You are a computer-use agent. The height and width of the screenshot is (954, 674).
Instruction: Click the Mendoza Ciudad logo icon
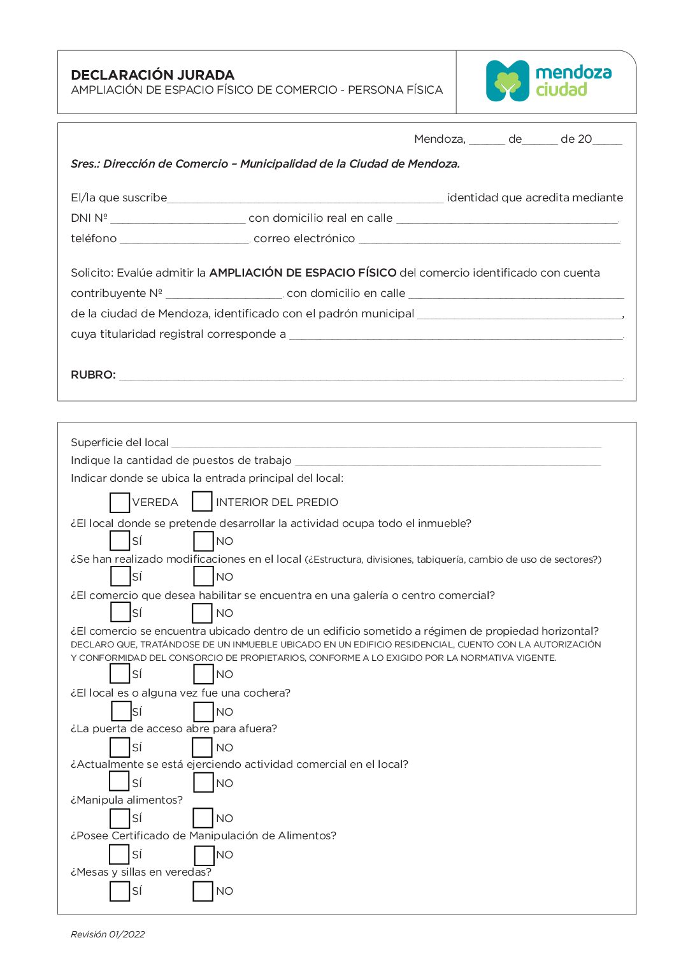[508, 81]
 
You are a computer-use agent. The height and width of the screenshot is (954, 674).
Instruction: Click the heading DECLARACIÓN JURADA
[153, 75]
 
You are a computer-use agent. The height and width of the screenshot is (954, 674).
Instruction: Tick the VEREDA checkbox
[120, 502]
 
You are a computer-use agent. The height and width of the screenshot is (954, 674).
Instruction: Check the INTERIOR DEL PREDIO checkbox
[202, 502]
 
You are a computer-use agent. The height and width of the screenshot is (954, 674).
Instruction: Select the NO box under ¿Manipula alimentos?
[203, 818]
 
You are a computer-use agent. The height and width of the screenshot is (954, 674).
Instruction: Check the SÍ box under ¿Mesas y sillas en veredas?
[120, 891]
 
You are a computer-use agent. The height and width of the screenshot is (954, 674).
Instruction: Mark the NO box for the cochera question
[204, 711]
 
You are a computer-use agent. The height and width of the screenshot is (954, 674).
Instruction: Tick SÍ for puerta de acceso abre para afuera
[120, 747]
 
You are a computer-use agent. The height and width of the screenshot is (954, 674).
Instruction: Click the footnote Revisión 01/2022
[108, 934]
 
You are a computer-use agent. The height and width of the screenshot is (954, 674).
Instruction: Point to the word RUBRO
[93, 375]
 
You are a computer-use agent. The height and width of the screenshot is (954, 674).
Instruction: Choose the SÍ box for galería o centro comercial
[120, 612]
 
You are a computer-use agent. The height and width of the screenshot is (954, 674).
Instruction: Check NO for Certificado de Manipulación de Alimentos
[204, 855]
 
